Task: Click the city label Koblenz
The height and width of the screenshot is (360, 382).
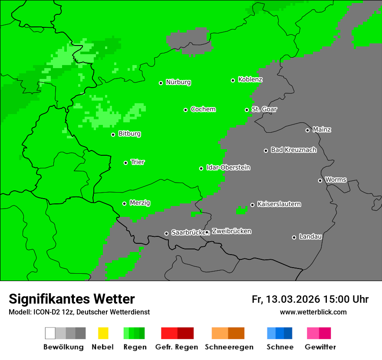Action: coord(250,80)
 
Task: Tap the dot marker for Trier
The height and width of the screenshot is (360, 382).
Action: coord(126,163)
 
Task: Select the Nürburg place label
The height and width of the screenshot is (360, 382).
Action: coord(178,82)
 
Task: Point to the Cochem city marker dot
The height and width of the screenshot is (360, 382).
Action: coord(185,110)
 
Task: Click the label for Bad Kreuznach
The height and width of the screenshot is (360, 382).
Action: coord(293,150)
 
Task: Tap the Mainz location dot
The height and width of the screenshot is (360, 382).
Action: coord(308,130)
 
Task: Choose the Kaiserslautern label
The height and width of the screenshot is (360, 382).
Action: coord(279,204)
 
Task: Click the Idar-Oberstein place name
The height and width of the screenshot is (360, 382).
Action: coord(228,168)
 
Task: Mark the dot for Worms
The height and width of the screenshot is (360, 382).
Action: coord(320,180)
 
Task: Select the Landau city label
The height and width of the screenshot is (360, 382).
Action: coord(310,237)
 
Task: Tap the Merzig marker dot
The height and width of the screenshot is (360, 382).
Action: coord(125,203)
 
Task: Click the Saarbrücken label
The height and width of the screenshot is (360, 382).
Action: coord(188,233)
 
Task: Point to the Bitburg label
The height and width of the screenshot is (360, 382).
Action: coord(129,134)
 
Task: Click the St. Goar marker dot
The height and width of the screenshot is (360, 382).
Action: coord(247,110)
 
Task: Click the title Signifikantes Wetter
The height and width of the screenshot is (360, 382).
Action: coord(72,299)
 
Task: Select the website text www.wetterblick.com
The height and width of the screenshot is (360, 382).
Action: coord(313,312)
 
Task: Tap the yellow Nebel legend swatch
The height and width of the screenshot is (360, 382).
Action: coord(103,333)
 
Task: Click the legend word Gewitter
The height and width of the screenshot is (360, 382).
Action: coord(320,347)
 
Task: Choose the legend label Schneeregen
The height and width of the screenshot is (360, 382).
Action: coord(229,347)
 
